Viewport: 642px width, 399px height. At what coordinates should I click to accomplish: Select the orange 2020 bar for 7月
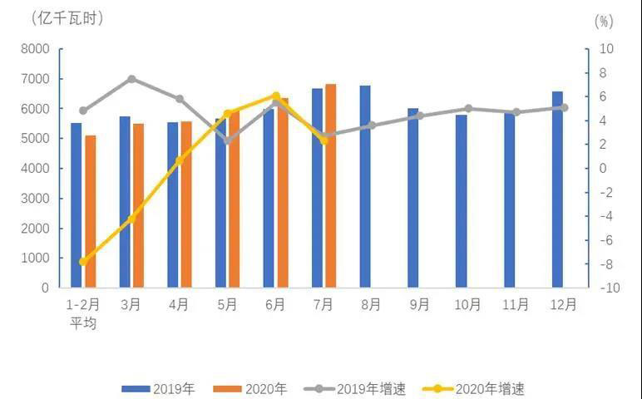click(331, 185)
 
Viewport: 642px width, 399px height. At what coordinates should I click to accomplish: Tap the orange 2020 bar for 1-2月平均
click(90, 211)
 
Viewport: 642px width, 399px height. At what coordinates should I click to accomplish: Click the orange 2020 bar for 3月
click(138, 205)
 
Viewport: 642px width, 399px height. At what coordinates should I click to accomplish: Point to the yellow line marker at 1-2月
click(83, 261)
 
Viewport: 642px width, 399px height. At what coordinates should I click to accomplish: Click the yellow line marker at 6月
click(276, 96)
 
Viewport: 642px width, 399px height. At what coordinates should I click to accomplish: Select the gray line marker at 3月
click(131, 79)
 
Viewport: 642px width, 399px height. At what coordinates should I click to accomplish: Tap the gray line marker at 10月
click(468, 108)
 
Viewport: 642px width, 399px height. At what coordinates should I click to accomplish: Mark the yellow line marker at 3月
click(131, 219)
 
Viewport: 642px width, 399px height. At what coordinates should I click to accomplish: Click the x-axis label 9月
click(419, 305)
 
